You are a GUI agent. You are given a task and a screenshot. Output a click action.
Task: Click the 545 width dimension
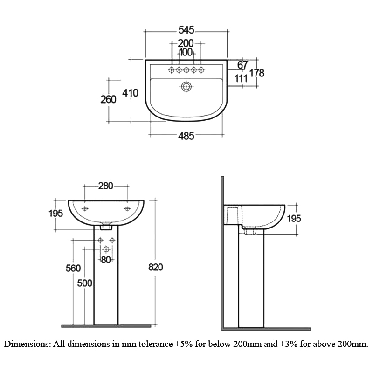point(186,31)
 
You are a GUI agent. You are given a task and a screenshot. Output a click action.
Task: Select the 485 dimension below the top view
point(186,136)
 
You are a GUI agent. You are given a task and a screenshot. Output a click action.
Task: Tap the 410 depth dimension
point(131,93)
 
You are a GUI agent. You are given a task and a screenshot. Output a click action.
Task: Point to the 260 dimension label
point(108,99)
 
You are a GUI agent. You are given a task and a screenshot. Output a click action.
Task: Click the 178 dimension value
point(257,73)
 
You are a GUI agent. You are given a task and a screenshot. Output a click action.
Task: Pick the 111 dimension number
point(241,78)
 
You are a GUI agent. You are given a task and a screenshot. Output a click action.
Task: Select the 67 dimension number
point(242,65)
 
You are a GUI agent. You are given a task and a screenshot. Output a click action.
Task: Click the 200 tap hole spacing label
point(186,43)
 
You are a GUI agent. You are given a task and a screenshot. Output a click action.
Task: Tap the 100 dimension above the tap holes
point(186,52)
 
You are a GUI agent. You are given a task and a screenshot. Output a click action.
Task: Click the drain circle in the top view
point(186,86)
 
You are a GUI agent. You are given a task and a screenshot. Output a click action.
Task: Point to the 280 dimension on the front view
point(106,186)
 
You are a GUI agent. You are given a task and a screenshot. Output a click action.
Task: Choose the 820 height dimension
point(155,267)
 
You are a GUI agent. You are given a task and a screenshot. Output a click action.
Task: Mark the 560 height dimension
point(73,268)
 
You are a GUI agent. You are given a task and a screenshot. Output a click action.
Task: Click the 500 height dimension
point(85,283)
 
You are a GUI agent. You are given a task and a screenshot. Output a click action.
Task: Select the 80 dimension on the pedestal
point(106,260)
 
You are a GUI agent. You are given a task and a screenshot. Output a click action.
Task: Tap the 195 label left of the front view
point(55,214)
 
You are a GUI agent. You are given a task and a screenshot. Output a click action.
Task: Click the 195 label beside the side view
point(294,218)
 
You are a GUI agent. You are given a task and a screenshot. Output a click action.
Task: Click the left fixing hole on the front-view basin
point(85,208)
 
